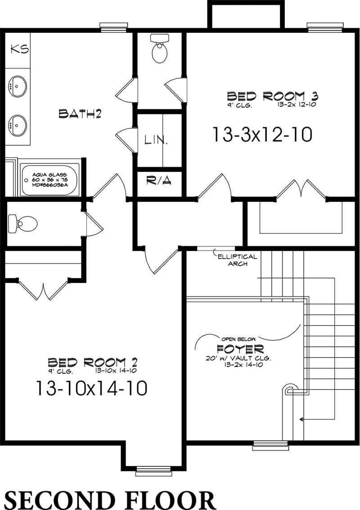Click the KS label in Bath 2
20,49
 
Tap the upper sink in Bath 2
18,86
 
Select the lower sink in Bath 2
18,125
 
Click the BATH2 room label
80,114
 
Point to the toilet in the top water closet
159,50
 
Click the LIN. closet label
156,140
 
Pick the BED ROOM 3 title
273,96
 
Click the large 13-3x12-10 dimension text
262,134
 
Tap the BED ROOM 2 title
92,362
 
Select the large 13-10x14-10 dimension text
91,388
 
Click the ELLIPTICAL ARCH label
237,260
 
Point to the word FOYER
240,349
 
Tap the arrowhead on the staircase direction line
301,419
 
